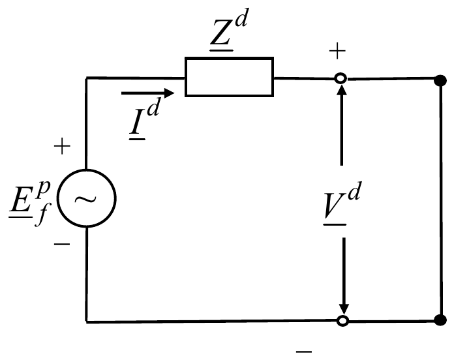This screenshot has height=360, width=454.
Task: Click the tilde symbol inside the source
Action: tap(85, 200)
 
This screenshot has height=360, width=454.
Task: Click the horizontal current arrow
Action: tap(147, 93)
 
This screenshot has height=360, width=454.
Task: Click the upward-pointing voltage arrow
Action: tap(342, 125)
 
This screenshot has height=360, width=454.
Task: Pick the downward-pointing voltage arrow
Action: tap(344, 275)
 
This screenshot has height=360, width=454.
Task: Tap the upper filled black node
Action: tap(440, 80)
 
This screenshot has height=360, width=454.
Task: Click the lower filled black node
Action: tap(441, 320)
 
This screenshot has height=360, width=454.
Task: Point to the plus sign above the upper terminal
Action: tap(337, 51)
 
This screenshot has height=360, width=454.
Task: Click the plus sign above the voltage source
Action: tap(62, 146)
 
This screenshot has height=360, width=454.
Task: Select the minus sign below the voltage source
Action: tap(62, 245)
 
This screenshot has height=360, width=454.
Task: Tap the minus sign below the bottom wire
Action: tap(304, 352)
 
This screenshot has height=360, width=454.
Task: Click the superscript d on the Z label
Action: tap(241, 18)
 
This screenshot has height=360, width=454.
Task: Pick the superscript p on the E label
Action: tap(43, 188)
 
